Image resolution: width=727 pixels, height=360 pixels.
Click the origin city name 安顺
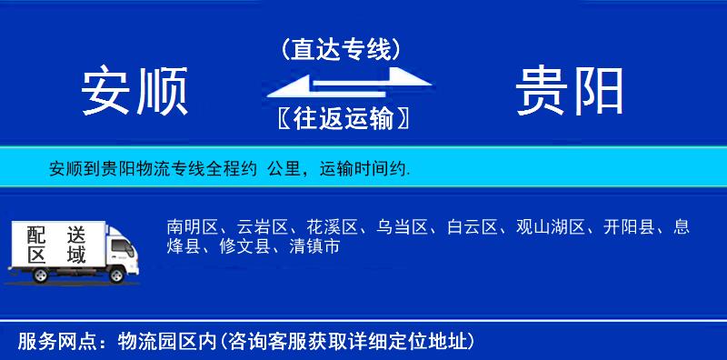click(x=134, y=92)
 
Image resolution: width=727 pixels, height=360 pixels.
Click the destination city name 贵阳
click(x=570, y=92)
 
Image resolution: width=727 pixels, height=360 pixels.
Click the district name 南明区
click(x=192, y=227)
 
